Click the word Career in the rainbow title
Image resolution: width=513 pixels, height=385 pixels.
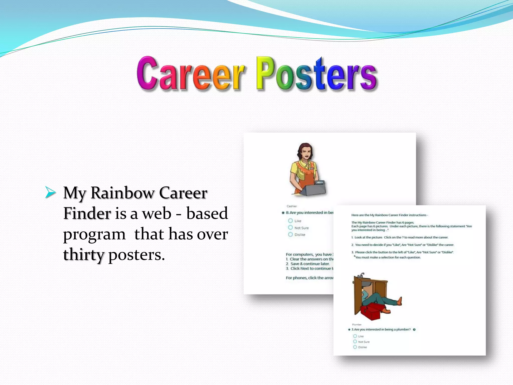190,74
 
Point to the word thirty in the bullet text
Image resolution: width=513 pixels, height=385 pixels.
83,255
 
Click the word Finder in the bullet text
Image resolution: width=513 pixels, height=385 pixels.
87,214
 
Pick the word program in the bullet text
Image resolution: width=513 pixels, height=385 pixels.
94,235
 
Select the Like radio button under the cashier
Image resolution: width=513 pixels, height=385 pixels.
290,221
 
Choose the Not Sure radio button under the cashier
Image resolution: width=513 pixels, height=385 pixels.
290,227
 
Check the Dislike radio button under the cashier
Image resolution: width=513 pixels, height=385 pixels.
290,234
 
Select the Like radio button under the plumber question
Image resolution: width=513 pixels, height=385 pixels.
355,336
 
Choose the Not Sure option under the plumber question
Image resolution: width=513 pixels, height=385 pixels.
355,342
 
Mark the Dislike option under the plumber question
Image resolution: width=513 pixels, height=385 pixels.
355,347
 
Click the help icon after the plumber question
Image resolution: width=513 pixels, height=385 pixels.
414,330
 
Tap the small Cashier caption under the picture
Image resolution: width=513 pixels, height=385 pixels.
292,206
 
